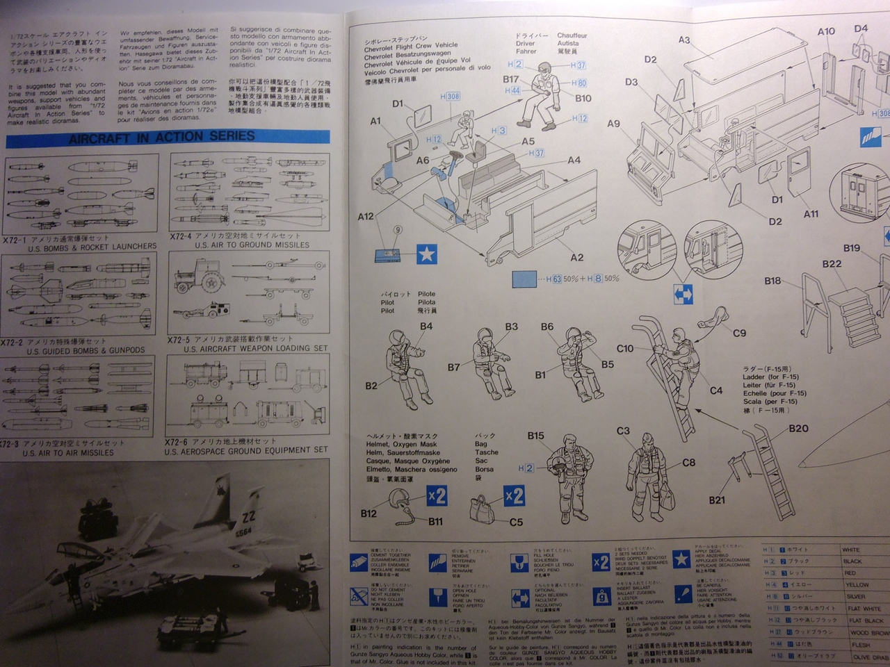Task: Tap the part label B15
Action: tap(535, 436)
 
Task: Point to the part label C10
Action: tap(625, 349)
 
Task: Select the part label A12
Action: tap(366, 217)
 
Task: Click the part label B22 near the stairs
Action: tap(832, 264)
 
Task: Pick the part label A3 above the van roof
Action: tap(685, 40)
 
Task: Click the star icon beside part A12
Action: tap(426, 254)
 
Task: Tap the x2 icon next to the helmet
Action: tap(437, 496)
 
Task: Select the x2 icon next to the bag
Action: tap(514, 496)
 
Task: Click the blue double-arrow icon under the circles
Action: tap(683, 295)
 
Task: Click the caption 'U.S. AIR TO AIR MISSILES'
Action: tap(68, 453)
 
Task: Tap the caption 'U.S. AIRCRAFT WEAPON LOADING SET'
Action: tap(255, 349)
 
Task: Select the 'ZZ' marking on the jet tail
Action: tap(249, 517)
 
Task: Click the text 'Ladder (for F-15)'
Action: tap(770, 377)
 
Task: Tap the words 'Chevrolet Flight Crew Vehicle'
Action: tap(411, 46)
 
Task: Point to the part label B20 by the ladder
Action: tap(798, 429)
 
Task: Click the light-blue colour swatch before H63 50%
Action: tap(525, 279)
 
